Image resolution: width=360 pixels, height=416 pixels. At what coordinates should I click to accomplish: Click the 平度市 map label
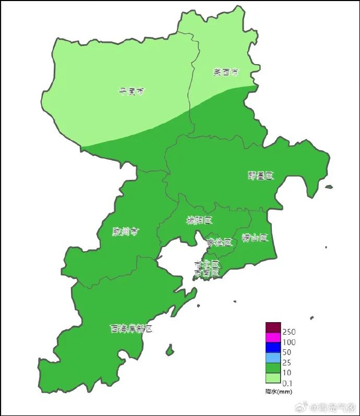tap(131, 92)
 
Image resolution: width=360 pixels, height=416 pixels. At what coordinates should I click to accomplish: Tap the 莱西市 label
tap(226, 72)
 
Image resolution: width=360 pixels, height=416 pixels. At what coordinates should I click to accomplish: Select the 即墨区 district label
tap(260, 176)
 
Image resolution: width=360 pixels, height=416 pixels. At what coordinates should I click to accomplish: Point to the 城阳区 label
tap(199, 221)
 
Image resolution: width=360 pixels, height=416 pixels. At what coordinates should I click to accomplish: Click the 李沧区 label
tap(218, 242)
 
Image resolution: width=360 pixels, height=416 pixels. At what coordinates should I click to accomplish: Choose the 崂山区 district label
tap(255, 238)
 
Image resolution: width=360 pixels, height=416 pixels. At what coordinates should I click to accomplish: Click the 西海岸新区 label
tap(131, 328)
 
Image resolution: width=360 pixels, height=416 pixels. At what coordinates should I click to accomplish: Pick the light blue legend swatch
tap(273, 358)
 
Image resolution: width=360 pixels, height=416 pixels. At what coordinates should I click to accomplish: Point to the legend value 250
tap(289, 332)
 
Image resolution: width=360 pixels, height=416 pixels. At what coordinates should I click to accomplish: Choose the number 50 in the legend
tap(286, 352)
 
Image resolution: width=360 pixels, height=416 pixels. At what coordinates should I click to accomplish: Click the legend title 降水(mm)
tap(279, 391)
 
